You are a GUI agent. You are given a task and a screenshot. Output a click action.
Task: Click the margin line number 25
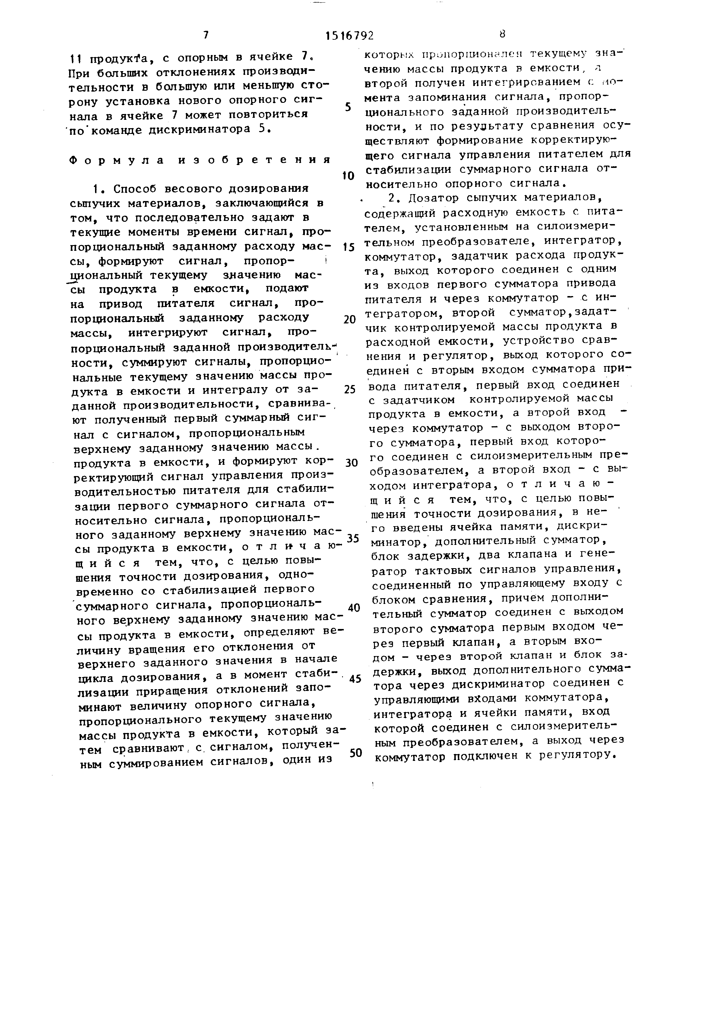tap(349, 390)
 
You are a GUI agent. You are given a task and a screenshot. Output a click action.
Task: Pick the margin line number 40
tap(354, 608)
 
